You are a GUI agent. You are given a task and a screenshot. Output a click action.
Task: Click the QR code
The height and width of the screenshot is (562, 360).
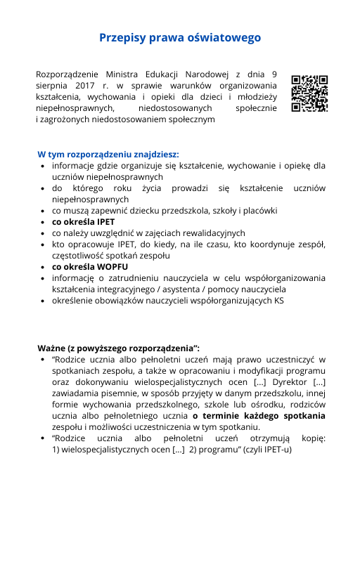click(x=309, y=93)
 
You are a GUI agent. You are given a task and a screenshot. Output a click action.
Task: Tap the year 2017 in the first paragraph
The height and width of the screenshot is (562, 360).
click(x=83, y=85)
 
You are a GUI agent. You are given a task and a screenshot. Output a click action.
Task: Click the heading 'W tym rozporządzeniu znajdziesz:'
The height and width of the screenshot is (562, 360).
click(x=108, y=154)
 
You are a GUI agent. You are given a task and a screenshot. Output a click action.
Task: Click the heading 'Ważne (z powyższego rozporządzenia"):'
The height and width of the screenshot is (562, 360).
click(x=118, y=348)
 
